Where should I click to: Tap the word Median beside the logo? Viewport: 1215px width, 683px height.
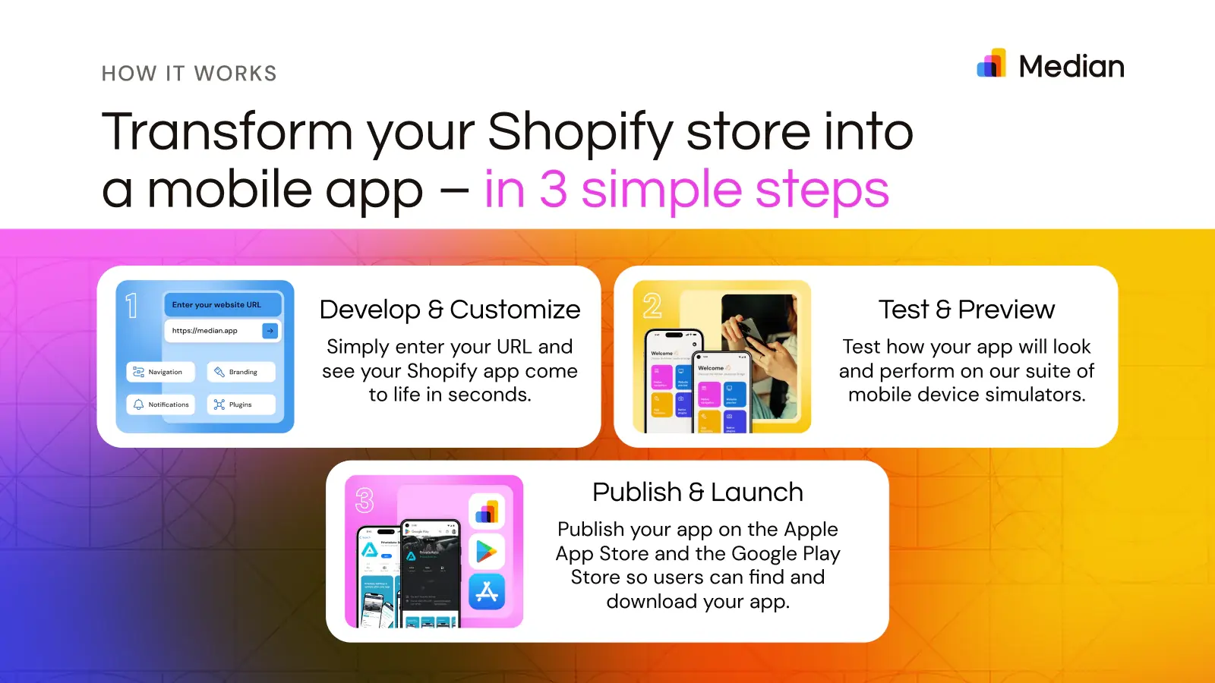tap(1071, 67)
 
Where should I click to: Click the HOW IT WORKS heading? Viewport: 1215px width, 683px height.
tap(189, 74)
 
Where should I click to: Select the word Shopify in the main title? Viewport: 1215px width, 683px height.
tap(579, 132)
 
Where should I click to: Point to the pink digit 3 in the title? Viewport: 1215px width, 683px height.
tap(553, 190)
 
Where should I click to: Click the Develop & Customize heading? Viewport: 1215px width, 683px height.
tap(450, 310)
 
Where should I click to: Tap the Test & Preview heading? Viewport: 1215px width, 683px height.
tap(966, 310)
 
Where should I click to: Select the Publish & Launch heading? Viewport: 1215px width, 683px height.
tap(697, 493)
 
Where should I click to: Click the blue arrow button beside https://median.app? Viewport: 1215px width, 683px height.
tap(270, 331)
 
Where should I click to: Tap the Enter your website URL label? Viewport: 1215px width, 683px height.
tap(216, 305)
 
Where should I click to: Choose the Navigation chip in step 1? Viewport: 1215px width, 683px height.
tap(159, 372)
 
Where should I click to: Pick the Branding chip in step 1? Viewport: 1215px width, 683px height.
tap(240, 372)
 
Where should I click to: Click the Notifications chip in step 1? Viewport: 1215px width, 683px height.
tap(160, 404)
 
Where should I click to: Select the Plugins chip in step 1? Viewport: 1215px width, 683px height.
tap(240, 404)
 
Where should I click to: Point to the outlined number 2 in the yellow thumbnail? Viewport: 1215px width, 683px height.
tap(652, 306)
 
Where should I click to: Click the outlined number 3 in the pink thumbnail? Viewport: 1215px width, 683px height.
tap(364, 500)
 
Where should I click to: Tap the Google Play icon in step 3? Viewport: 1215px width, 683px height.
tap(487, 552)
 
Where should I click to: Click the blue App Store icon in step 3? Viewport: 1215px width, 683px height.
tap(487, 592)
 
